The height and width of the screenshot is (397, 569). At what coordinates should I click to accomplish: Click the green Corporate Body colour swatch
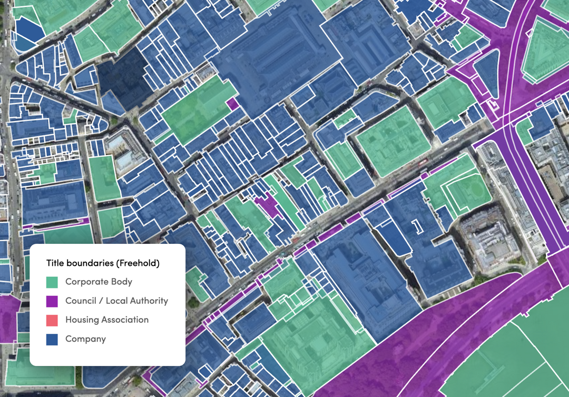[x=52, y=282]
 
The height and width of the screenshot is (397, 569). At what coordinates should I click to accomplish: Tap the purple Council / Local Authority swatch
[x=52, y=301]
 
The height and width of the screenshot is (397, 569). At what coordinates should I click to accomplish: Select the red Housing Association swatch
[x=52, y=320]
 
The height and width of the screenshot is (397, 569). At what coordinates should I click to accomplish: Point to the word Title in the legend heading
[x=56, y=263]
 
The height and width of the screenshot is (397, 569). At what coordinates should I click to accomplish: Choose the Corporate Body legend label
[x=99, y=282]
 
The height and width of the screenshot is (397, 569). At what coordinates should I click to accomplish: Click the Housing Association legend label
[x=107, y=320]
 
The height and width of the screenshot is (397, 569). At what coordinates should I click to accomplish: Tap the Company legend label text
[x=85, y=339]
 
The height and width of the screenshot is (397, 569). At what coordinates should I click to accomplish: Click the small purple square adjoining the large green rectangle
[x=232, y=104]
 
